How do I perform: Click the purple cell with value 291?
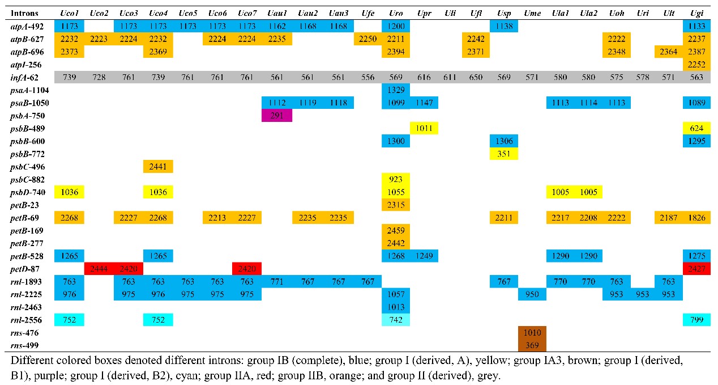[277, 116]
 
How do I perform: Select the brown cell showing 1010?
[532, 333]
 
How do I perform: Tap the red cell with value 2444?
[99, 269]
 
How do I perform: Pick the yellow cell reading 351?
[503, 154]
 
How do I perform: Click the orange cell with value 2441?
[159, 167]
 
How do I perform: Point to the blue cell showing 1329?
[396, 90]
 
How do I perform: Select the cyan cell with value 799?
[696, 320]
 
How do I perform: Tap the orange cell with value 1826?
[696, 218]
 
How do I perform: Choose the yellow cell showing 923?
[396, 180]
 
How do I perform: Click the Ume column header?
[532, 12]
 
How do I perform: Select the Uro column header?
[396, 12]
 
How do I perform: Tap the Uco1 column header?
[70, 12]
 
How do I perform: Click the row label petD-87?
[26, 269]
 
